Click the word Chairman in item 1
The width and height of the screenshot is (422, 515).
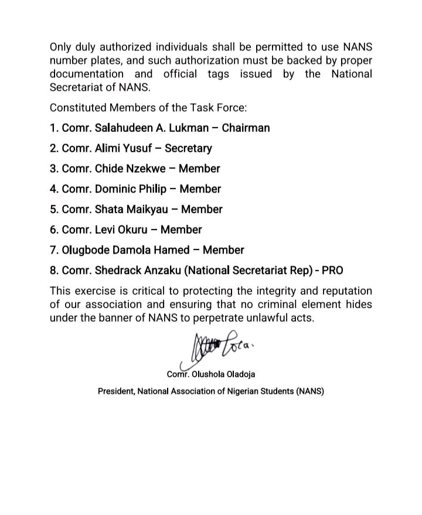(246, 128)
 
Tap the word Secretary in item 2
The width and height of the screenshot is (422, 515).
(188, 148)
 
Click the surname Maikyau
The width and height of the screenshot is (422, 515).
(152, 209)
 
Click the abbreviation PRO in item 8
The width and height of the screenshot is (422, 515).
(331, 271)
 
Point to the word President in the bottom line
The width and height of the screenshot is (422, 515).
(115, 391)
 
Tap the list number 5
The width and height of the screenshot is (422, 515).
(53, 209)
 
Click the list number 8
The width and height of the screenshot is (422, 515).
(53, 271)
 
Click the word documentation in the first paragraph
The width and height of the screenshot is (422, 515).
(86, 74)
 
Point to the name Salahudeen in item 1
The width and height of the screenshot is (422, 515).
(124, 128)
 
